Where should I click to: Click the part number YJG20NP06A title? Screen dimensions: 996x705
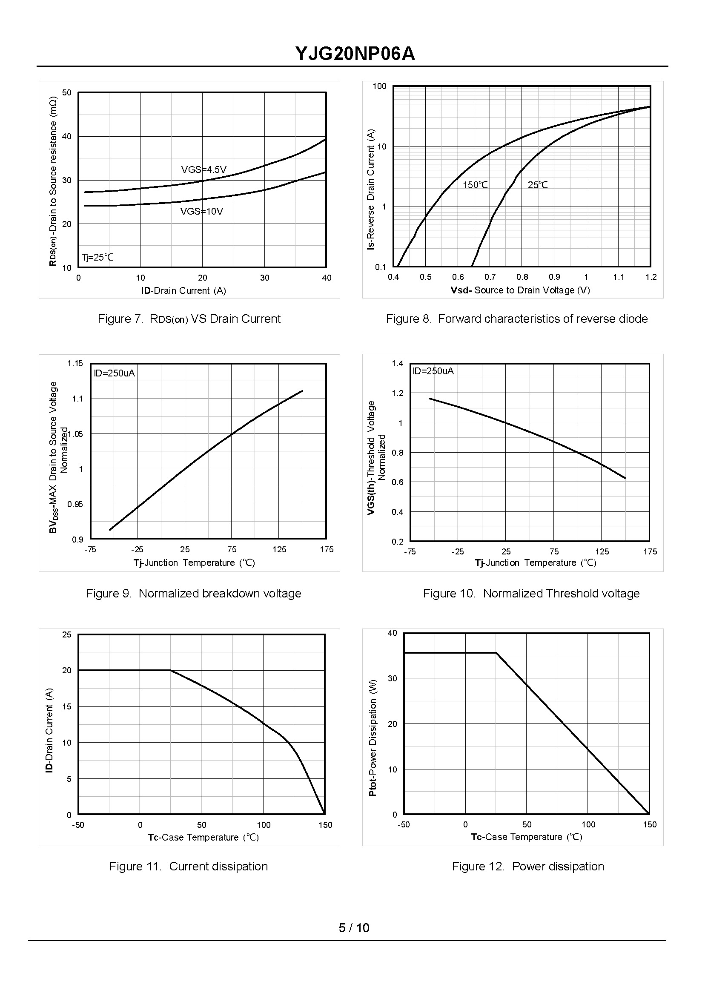click(355, 54)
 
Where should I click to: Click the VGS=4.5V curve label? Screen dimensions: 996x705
click(203, 169)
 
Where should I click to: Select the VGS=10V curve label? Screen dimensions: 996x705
click(201, 212)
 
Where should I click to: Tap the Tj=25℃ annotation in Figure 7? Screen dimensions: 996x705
click(97, 257)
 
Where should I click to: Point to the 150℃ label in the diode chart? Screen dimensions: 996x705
click(475, 185)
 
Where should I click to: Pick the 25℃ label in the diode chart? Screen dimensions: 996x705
click(537, 185)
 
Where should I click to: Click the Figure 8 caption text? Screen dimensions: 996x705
click(516, 319)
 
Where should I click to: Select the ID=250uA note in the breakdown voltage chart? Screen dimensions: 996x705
click(114, 373)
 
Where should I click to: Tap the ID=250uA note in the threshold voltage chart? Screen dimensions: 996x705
click(433, 371)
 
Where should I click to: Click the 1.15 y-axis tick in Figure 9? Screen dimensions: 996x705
click(75, 363)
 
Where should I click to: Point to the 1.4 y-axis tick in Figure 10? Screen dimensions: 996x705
click(397, 363)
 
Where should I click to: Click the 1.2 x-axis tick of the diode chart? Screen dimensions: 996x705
click(651, 277)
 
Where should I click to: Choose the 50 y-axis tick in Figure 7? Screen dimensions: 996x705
click(67, 92)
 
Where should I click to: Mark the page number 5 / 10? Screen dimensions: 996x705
click(354, 928)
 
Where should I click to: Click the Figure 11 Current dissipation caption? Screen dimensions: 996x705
click(189, 866)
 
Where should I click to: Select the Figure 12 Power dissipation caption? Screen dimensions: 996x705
click(528, 866)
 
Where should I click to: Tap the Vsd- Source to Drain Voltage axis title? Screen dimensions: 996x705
click(520, 290)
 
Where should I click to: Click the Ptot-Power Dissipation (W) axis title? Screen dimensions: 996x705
click(373, 738)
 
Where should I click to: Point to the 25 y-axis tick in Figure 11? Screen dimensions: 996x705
click(67, 635)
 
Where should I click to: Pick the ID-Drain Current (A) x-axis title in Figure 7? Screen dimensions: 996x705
click(183, 290)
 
